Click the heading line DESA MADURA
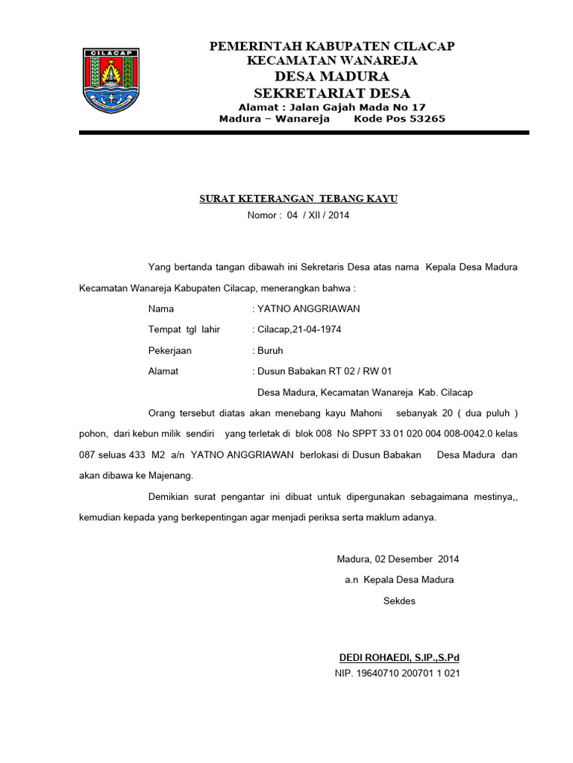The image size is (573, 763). [x=332, y=77]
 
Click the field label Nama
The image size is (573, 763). [x=161, y=308]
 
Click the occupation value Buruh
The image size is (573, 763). [x=270, y=350]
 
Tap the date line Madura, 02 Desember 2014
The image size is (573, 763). [x=398, y=559]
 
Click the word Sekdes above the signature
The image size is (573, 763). [x=399, y=601]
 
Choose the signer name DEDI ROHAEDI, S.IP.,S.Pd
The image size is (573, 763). [x=400, y=658]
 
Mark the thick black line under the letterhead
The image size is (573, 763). [x=304, y=133]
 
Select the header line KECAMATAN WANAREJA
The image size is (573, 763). [x=332, y=60]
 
